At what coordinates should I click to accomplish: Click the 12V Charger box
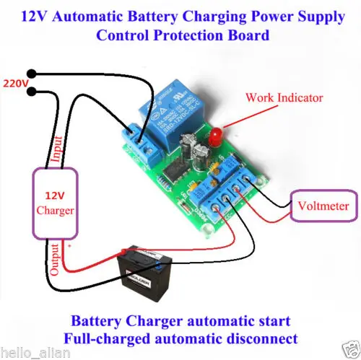53,203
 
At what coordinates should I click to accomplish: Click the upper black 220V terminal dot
31,73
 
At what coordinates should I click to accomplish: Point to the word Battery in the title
176,14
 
